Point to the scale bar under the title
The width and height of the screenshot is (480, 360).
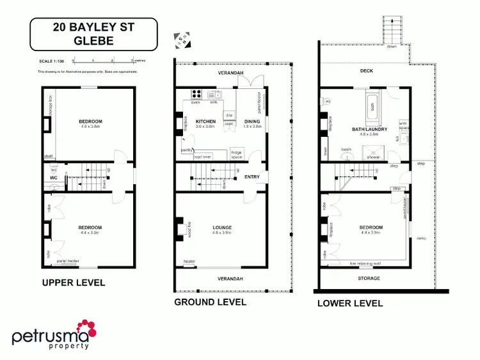[x=102, y=61]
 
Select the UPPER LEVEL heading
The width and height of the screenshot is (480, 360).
[x=74, y=283]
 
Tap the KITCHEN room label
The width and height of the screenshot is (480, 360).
[x=205, y=121]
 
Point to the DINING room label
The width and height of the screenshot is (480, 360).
[x=252, y=121]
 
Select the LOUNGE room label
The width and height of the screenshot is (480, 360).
[x=223, y=228]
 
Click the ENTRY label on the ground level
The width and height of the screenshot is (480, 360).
[x=252, y=178]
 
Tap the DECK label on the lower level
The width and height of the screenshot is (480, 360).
[x=366, y=71]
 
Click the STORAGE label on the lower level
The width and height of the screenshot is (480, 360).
[x=369, y=278]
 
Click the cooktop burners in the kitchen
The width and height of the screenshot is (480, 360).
[x=196, y=97]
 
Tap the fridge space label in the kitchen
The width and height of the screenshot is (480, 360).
[x=236, y=153]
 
